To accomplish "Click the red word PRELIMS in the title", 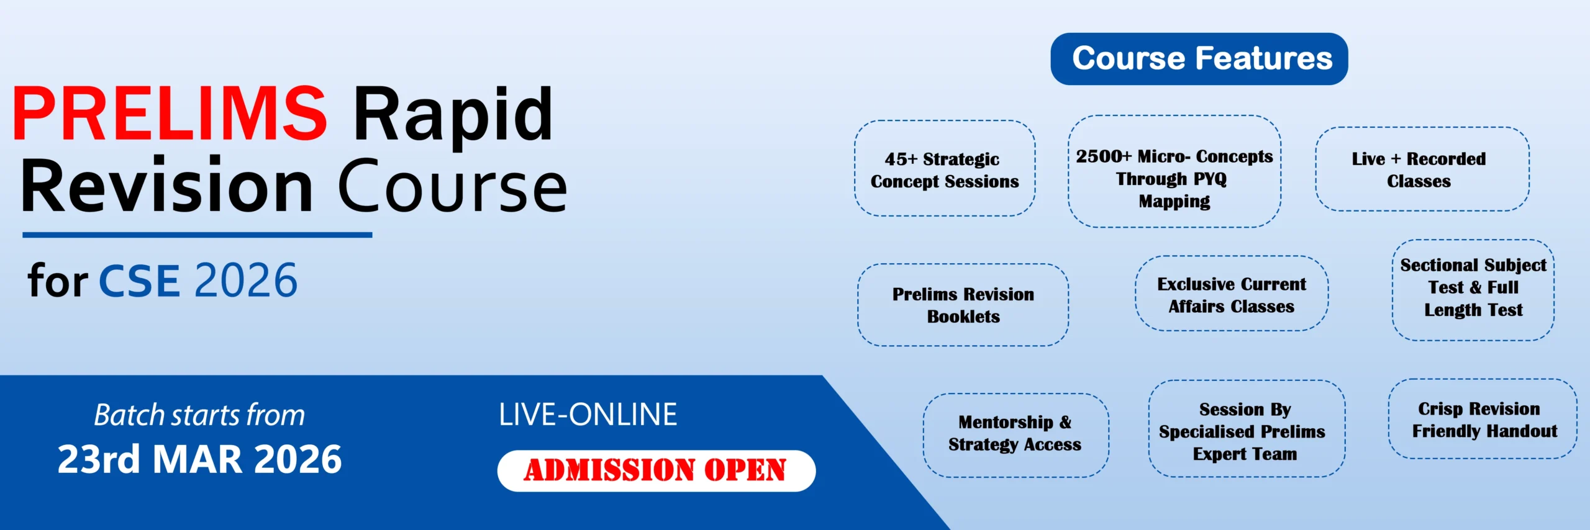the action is click(170, 114).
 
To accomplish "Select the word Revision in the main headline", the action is click(167, 185).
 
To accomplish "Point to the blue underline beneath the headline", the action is click(198, 235).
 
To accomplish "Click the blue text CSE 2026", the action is click(198, 281).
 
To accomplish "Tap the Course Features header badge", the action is click(1199, 59).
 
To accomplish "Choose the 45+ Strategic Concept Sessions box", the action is click(945, 169).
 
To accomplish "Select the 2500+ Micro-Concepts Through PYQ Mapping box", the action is click(1174, 172).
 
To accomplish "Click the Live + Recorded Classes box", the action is click(1422, 169).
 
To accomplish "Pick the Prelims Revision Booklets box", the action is click(963, 305).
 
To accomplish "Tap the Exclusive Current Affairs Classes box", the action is click(1232, 294).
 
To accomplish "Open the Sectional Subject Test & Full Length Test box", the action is click(1473, 290).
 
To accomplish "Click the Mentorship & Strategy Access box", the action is click(1015, 435).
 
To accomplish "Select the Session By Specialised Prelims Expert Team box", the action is click(1247, 429).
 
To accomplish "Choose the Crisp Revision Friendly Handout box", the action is click(1483, 419).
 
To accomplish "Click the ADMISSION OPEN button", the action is click(656, 470).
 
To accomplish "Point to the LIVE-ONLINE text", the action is click(588, 415).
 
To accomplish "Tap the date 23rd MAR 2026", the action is click(199, 459).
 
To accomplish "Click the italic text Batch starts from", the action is click(199, 415).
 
